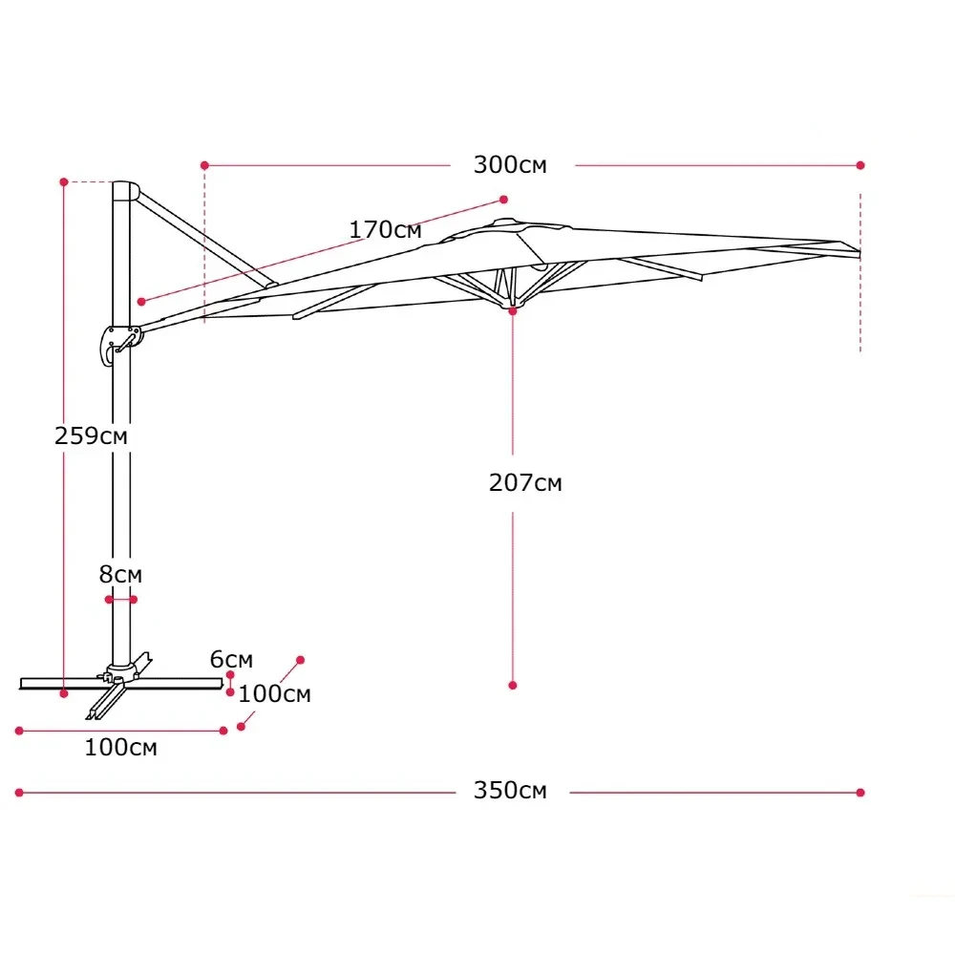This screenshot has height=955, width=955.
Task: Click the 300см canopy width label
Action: tap(510, 165)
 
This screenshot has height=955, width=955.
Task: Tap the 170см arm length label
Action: tap(385, 229)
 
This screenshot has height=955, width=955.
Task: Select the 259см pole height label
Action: tap(92, 436)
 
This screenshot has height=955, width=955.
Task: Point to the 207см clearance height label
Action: tap(525, 483)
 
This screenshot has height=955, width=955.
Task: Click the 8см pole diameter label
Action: tap(120, 574)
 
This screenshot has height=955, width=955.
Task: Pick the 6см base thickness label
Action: tap(231, 659)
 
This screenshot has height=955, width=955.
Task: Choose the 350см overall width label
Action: tap(510, 791)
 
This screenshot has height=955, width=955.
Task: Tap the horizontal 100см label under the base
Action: tap(120, 748)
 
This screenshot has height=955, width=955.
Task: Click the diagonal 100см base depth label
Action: tap(275, 693)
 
